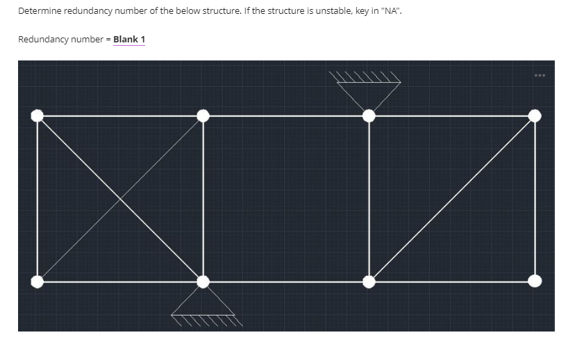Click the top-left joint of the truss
(37, 115)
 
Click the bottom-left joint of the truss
(37, 281)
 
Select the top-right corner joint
(535, 115)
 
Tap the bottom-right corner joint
(535, 281)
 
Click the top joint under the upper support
(369, 115)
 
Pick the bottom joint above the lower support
(203, 281)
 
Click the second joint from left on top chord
(203, 115)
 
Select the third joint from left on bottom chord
(369, 281)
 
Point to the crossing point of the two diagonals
(120, 199)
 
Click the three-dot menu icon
(540, 75)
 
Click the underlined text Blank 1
(128, 39)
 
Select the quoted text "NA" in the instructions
(392, 12)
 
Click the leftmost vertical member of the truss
(37, 198)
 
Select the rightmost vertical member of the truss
(535, 198)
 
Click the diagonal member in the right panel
(451, 199)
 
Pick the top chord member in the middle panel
(285, 115)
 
